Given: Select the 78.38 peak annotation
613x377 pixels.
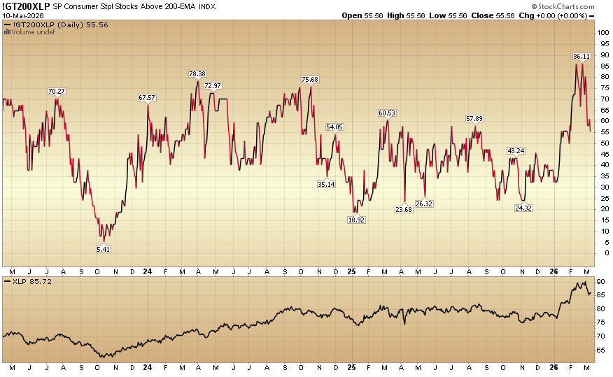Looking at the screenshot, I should (x=197, y=74).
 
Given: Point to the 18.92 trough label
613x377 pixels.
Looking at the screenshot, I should (x=357, y=219).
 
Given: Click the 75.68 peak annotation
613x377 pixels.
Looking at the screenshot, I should (x=310, y=79).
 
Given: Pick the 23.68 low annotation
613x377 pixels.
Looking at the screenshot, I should (x=403, y=208).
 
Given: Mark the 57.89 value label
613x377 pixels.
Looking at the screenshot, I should (x=476, y=118).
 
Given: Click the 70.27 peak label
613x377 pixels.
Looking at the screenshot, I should (x=57, y=91).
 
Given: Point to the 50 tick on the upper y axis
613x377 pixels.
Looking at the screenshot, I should (x=600, y=143).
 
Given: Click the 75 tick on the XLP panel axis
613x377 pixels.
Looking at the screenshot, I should (x=600, y=322).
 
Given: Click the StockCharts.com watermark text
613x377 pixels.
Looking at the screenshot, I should (x=567, y=6).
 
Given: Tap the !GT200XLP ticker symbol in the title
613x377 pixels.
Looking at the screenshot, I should (x=25, y=6).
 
